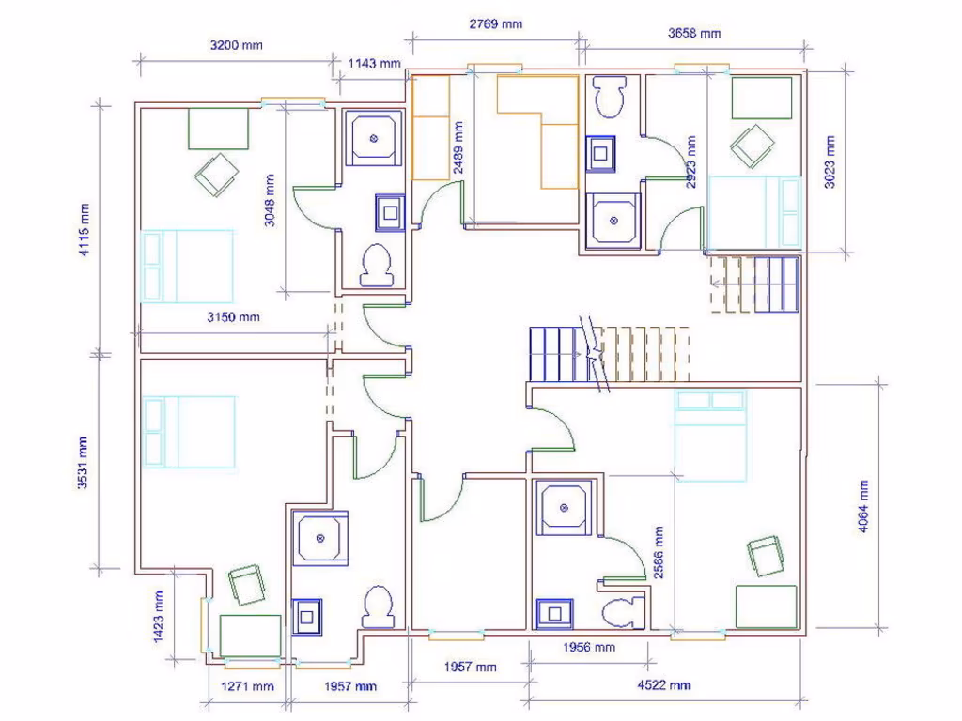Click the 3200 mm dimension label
pos(236,45)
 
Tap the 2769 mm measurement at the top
pos(495,23)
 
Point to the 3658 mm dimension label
pos(694,33)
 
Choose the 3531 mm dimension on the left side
pos(85,461)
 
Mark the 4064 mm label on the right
pos(862,507)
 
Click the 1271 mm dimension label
pos(247,686)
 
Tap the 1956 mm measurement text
pos(588,647)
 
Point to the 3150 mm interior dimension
pos(233,317)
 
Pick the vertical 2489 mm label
pos(458,147)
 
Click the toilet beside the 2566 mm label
pos(623,612)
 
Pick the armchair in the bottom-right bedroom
pos(767,555)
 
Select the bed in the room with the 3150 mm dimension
pos(187,267)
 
